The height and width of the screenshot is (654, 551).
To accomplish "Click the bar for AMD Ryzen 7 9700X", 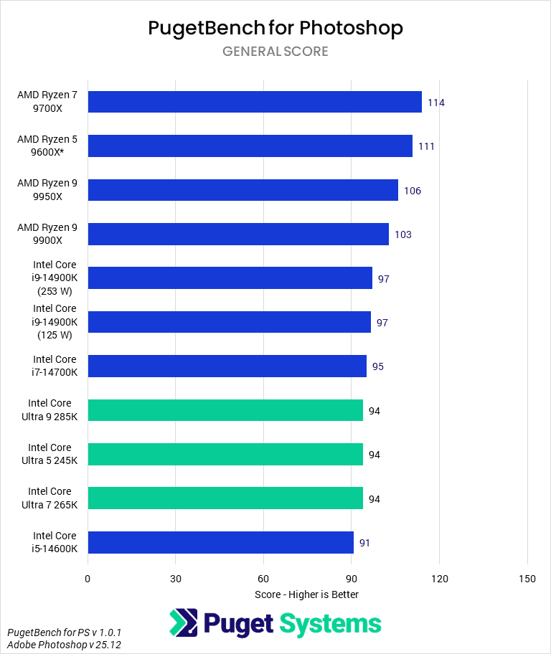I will (x=254, y=102).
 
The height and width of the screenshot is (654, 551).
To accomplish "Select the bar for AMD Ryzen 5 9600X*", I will (x=250, y=146).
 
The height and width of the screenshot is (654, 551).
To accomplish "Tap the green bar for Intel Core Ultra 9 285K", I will (x=225, y=410).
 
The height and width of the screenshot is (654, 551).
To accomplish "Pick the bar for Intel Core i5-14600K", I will (x=220, y=542).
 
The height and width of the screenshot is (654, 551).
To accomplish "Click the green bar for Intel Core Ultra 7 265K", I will (x=225, y=498).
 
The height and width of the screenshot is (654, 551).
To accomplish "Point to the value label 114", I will (x=435, y=103).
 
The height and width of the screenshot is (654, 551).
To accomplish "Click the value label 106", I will (x=413, y=191).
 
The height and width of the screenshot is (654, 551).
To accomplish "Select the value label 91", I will (x=364, y=543).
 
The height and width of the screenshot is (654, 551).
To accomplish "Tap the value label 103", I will (x=402, y=234).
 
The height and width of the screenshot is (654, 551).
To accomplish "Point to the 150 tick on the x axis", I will (x=527, y=579).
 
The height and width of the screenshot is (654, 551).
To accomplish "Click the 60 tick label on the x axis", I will (x=263, y=579).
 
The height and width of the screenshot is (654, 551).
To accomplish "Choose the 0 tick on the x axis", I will (x=88, y=579).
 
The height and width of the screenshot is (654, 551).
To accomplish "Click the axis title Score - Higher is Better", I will (x=306, y=594).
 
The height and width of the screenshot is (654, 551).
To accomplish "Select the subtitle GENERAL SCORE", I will (x=275, y=52).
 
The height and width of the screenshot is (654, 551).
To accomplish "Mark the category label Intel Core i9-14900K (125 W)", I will (x=55, y=322).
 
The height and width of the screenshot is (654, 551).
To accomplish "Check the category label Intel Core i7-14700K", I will (x=55, y=366).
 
